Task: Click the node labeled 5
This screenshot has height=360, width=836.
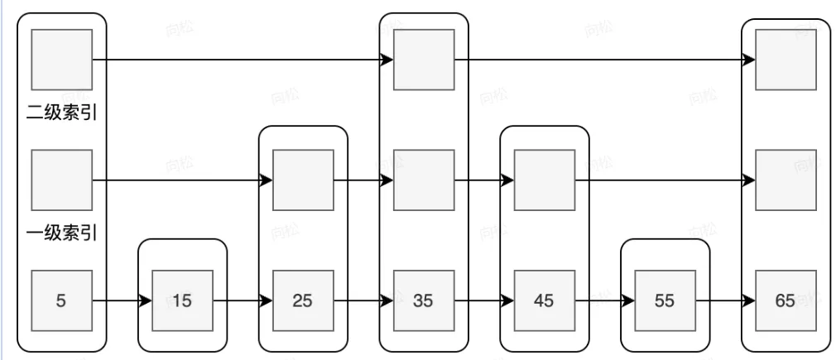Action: tap(61, 300)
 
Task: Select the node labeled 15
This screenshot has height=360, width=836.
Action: tap(182, 300)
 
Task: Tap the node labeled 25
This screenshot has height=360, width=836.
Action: tap(303, 300)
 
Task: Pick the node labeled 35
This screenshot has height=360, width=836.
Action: tap(424, 300)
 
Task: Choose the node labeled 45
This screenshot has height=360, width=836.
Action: tap(545, 300)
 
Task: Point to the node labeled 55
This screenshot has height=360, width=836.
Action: tap(665, 300)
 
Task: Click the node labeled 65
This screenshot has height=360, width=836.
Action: tap(786, 300)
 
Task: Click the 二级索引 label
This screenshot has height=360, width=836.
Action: tap(62, 113)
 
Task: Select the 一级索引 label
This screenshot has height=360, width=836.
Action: tap(62, 233)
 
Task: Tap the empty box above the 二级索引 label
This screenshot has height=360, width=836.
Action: tap(61, 60)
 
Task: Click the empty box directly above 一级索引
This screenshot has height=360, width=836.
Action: tap(61, 180)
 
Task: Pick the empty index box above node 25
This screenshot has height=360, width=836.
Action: tap(303, 180)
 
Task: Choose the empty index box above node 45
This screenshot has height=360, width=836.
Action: tap(545, 180)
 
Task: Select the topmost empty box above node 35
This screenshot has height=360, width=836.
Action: tap(424, 60)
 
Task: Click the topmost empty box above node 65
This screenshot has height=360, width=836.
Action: tap(786, 60)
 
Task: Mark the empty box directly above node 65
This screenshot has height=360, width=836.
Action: tap(786, 180)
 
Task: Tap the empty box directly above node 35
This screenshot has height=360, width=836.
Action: tap(424, 180)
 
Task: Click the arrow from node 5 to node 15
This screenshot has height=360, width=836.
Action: tap(122, 300)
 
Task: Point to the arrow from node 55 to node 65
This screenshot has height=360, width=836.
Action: tap(725, 300)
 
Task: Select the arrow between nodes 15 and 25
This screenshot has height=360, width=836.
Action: tap(243, 300)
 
